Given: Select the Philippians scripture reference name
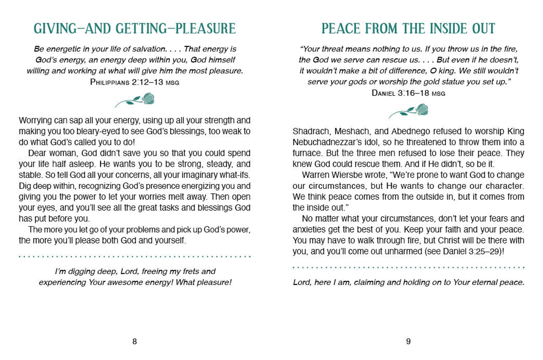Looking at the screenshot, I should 110,82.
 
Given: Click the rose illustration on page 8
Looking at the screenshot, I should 135,100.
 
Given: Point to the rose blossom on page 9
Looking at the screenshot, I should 422,109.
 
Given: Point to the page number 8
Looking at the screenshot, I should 135,341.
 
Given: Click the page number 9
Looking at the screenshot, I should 408,341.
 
